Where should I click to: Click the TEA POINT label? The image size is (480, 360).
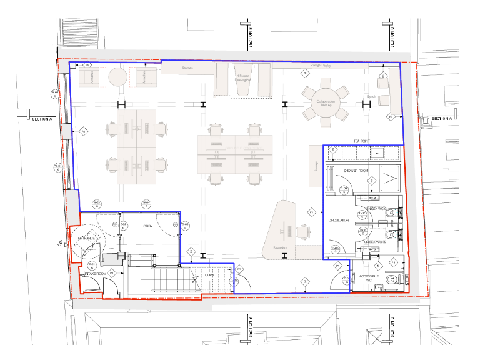tap(363, 141)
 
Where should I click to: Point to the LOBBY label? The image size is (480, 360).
tap(147, 226)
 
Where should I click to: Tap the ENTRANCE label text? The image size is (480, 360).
tap(86, 238)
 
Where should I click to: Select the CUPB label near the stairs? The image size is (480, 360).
tap(210, 273)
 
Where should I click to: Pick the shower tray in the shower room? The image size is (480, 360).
tap(391, 179)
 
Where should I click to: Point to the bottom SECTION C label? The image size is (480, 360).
tap(392, 331)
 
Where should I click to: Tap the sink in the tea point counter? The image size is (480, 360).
tap(377, 152)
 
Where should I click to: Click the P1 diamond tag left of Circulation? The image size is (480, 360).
tap(311, 213)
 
